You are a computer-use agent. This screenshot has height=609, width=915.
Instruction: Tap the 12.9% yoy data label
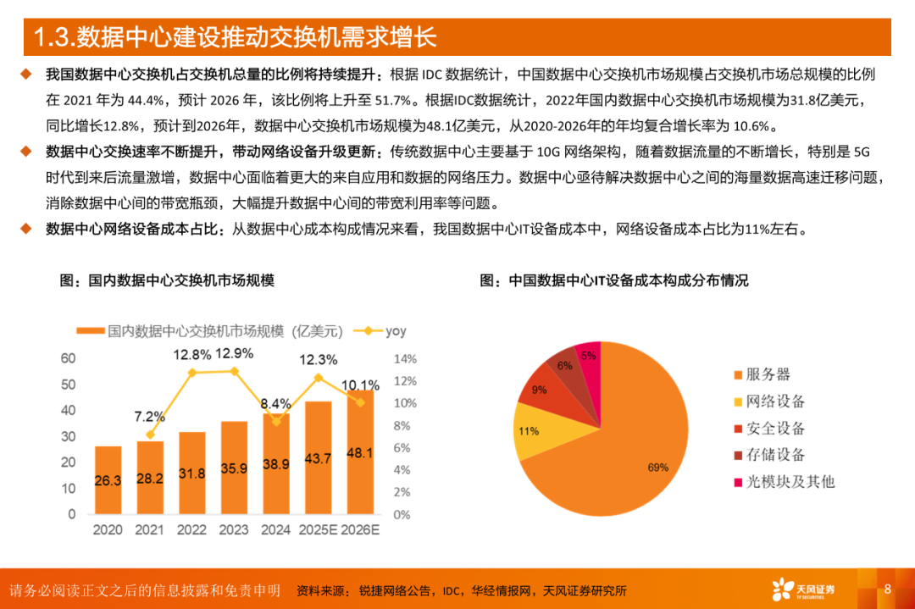[234, 353]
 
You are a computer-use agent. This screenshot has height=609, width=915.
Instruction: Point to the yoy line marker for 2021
[151, 435]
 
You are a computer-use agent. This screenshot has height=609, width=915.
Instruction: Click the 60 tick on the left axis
[68, 358]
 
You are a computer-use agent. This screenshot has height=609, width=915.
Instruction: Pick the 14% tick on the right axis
[406, 358]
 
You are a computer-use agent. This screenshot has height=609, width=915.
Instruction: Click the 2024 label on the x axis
[275, 530]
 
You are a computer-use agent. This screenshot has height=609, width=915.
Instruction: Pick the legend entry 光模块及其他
[782, 481]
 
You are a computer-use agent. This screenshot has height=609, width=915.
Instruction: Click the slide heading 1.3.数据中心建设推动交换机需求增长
[235, 38]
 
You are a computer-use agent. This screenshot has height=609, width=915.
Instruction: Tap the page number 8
[888, 589]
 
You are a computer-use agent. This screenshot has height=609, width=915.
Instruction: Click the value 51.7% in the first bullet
[396, 101]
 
